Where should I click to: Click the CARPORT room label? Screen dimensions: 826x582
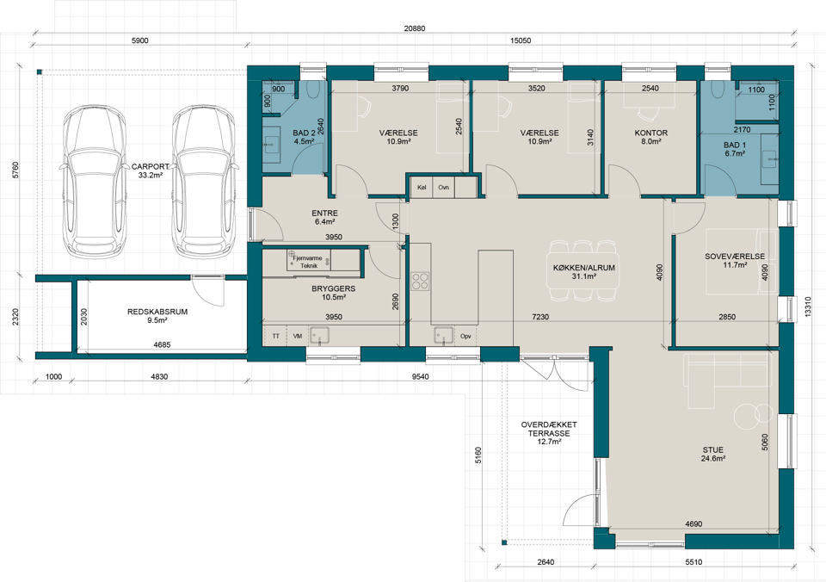[x=150, y=166]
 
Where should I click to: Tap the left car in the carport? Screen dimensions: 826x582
[x=95, y=182]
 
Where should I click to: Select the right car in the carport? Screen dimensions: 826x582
[x=203, y=182]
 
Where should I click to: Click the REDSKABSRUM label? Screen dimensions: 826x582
[x=157, y=312]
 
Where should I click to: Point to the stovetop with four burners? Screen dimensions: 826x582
[x=421, y=281]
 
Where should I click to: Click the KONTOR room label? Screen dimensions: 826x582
[x=651, y=133]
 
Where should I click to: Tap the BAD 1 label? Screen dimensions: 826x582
[x=734, y=145]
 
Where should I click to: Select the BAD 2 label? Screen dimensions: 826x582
[x=304, y=133]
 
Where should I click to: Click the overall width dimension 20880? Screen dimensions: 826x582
[x=415, y=28]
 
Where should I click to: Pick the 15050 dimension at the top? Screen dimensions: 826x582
[x=521, y=41]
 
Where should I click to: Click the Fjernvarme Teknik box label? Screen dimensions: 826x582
[x=309, y=262]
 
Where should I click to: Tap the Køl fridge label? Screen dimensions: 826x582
[x=422, y=187]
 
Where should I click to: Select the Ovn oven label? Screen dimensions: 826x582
[x=444, y=187]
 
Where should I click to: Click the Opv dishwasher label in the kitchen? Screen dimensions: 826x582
[x=465, y=336]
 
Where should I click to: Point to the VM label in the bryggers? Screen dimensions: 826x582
[x=298, y=336]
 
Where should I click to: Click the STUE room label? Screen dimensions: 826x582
[x=712, y=449]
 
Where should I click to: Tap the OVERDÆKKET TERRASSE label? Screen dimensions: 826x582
[x=549, y=429]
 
